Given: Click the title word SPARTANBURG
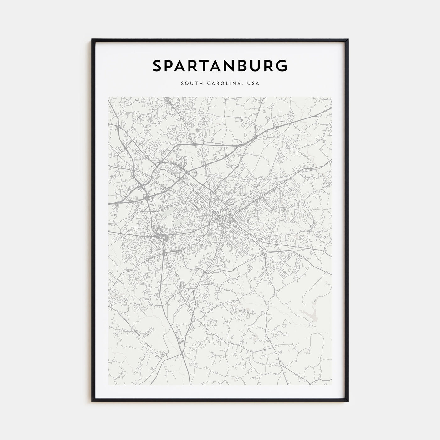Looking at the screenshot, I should (x=220, y=66).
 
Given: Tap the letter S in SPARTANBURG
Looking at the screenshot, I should (x=157, y=66).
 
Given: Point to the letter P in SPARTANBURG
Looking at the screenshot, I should (x=170, y=66).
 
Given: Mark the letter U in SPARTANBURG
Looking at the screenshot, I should (x=266, y=66).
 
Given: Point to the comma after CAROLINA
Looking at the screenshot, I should (x=243, y=85).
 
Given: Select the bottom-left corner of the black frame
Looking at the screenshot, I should (x=92, y=401).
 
